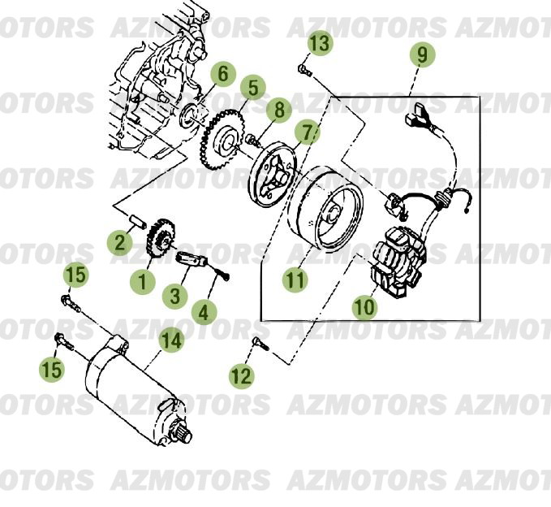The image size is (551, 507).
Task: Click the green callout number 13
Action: pos(321,43)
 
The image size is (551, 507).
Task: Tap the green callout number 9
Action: pos(422,55)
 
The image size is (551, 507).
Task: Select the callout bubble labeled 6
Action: pos(223,75)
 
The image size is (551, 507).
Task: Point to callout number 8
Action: pos(278,109)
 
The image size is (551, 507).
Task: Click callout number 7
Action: pos(307,132)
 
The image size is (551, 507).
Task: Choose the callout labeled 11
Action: pos(296,280)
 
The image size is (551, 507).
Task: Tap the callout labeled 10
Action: pos(365,308)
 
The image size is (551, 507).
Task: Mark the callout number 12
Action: pos(241,375)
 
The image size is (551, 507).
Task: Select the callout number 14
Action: pos(171,340)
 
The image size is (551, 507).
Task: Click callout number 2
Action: pos(121,241)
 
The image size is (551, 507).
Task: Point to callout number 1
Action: pos(144,283)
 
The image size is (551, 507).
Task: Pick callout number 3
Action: pos(175,296)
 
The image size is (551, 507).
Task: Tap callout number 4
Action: pos(204,310)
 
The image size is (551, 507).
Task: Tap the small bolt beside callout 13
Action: pos(304,71)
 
